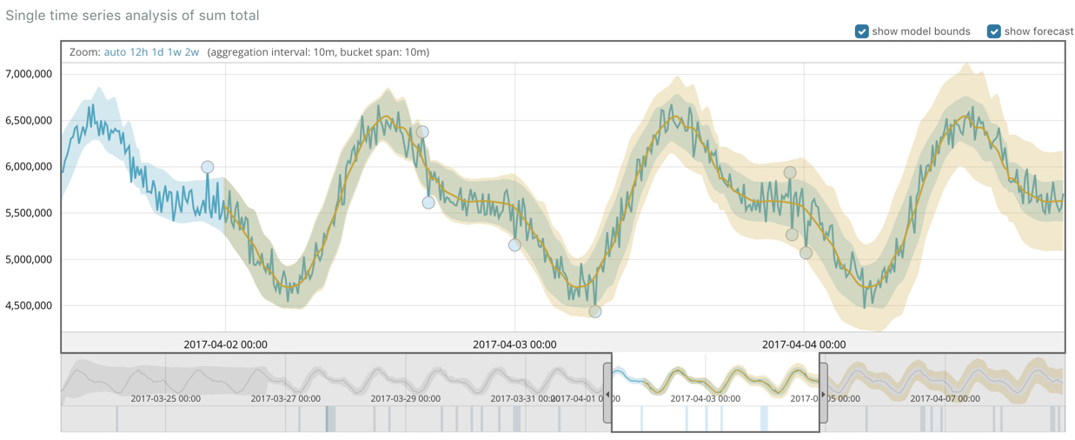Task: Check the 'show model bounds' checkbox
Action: point(862,31)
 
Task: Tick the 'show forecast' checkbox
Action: point(993,31)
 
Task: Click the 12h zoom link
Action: point(138,52)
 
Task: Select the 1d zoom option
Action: point(157,52)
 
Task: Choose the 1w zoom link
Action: point(174,52)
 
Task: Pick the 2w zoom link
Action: point(191,52)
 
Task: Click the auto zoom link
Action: point(115,52)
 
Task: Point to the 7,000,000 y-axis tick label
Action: point(29,74)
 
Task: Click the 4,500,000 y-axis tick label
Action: point(29,305)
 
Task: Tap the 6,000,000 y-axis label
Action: point(29,166)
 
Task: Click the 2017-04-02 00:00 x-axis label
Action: point(225,344)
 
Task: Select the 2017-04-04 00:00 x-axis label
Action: point(804,344)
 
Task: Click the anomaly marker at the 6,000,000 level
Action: point(207,167)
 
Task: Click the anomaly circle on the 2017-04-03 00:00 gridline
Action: point(514,245)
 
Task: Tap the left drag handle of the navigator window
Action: point(607,393)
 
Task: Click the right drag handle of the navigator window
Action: point(823,393)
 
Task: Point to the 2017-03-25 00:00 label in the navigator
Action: point(165,398)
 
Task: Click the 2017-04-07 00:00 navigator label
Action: point(946,398)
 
